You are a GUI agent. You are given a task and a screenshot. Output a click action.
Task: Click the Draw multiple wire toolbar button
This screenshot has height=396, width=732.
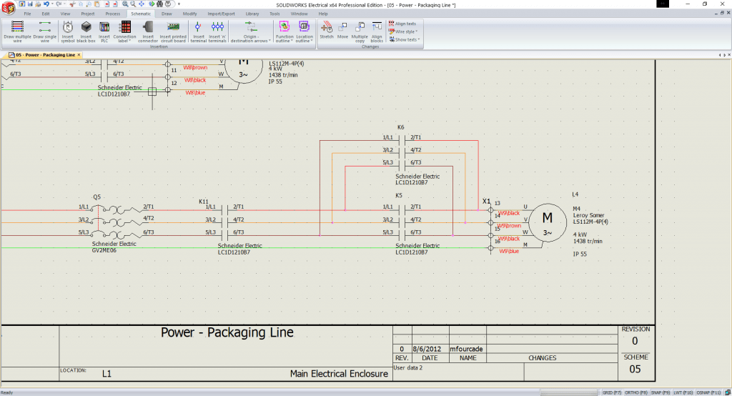coord(18,30)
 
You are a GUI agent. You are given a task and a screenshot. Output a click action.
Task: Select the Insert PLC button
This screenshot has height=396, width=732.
coord(104,30)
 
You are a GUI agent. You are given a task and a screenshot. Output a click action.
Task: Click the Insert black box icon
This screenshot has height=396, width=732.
coord(86,30)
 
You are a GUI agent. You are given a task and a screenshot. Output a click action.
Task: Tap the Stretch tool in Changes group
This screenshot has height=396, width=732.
coord(327,29)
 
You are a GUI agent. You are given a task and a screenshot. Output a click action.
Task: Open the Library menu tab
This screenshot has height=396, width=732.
coord(252,14)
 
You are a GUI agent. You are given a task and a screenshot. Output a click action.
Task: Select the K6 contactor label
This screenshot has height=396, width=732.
coord(400,127)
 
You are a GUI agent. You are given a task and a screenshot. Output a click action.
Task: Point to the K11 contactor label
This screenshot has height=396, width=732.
coord(204,202)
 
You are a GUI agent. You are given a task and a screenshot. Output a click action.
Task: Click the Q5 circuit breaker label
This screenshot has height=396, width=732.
coord(97,196)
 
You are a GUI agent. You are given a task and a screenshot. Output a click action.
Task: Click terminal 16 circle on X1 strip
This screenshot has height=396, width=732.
coord(489,248)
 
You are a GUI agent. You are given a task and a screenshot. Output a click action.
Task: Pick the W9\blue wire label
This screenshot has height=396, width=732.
coord(509,252)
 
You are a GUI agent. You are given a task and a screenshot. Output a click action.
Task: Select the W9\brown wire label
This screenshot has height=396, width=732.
coord(510,225)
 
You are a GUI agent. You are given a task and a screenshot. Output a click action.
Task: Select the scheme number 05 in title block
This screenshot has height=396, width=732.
coord(635,369)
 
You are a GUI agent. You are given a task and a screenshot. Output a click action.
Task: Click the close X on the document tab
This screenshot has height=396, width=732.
coord(79,55)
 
